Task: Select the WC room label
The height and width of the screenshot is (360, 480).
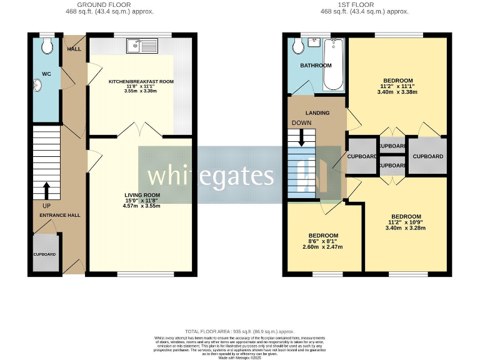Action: (46, 74)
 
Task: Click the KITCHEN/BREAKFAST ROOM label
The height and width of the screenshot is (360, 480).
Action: (141, 82)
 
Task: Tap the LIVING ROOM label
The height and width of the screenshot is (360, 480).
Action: (141, 196)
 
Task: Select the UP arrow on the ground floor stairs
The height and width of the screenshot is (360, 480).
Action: (46, 190)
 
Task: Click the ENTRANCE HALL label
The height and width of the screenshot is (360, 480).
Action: (60, 215)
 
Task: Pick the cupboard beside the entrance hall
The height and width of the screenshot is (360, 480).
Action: (45, 254)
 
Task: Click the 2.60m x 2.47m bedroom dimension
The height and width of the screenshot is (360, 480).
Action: (323, 247)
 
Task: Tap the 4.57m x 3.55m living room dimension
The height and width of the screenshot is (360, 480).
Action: (141, 206)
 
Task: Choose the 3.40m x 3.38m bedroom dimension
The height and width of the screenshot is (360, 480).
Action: (397, 92)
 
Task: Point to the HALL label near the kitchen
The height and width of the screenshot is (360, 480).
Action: (74, 49)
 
